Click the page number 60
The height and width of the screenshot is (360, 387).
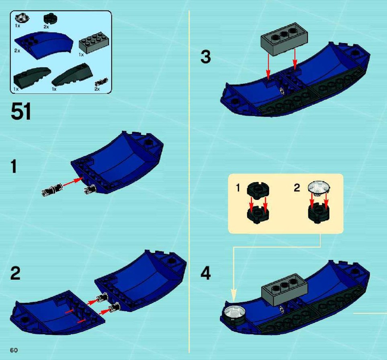click(14, 350)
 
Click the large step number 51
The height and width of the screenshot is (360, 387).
click(21, 112)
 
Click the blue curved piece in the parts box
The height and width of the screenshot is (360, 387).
click(44, 45)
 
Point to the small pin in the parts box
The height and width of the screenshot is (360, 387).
click(101, 82)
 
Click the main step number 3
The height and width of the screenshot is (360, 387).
click(206, 57)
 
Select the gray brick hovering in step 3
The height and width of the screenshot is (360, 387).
click(284, 39)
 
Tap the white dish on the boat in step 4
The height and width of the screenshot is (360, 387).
click(234, 312)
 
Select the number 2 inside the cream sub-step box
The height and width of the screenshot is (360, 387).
click(297, 188)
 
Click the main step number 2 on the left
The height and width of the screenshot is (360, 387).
click(15, 273)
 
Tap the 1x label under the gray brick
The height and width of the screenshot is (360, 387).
click(81, 55)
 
